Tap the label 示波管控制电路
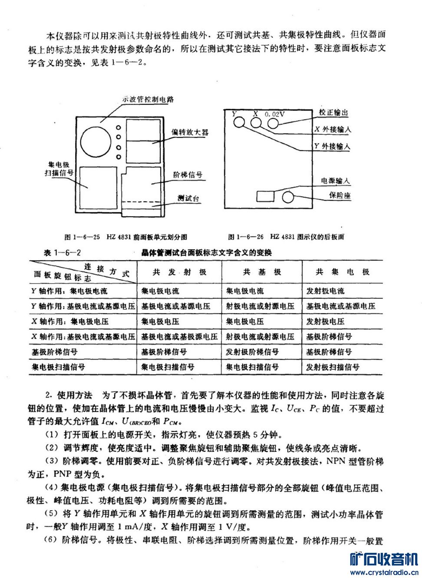tap(148, 99)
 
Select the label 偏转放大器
tap(190, 132)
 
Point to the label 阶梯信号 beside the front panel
tap(188, 175)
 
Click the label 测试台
tap(188, 198)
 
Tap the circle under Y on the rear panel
tap(239, 122)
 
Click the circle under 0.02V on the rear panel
tap(273, 123)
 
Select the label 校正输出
tap(333, 113)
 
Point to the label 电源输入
tap(335, 180)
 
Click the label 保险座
tap(340, 195)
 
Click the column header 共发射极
tap(179, 272)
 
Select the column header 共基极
tap(262, 272)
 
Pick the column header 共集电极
tap(343, 272)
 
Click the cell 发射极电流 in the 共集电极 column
tap(325, 291)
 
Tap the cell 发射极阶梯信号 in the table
tap(252, 352)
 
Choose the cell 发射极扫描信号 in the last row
tap(333, 367)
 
